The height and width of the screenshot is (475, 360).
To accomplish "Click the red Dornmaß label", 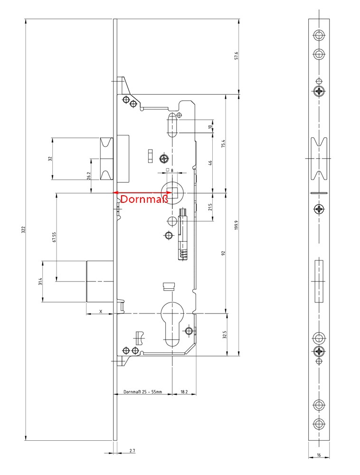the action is (x=144, y=199).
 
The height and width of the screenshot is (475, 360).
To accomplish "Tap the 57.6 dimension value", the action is (x=236, y=56).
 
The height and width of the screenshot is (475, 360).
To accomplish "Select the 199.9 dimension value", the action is (x=236, y=225).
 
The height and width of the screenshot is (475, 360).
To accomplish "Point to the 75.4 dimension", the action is (x=223, y=143).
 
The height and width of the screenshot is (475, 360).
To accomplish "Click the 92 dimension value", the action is (x=223, y=253).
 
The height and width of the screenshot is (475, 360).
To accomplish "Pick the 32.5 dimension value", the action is (x=224, y=335).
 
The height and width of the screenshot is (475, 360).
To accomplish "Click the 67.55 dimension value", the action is (x=54, y=237).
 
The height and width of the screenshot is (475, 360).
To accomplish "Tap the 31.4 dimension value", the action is (x=40, y=281).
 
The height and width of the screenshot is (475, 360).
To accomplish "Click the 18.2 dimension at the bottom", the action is (x=184, y=392).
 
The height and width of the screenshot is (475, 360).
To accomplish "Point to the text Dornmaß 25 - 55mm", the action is (x=142, y=392).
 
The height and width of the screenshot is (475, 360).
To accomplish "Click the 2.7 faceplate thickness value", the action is (x=133, y=451).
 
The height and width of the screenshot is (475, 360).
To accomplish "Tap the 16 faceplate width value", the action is (x=319, y=455).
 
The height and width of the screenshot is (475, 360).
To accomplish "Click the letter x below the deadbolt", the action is (x=101, y=311).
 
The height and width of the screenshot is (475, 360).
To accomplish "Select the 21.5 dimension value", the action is (x=210, y=207).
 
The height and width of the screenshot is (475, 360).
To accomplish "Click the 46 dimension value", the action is (x=210, y=162).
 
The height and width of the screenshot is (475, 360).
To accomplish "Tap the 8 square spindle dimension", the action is (x=172, y=171).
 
